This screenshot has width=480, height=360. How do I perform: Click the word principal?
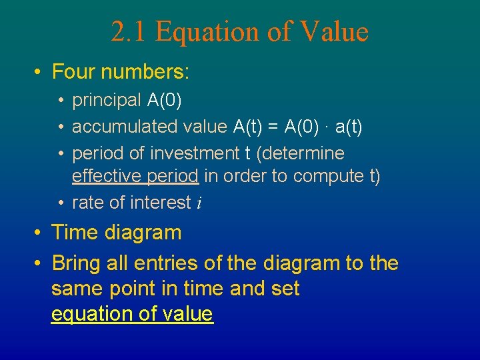coord(107,101)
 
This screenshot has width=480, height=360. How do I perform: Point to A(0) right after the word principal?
coord(165,100)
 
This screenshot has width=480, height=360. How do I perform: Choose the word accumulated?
coord(115,126)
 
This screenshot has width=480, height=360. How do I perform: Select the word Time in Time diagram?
coord(71,233)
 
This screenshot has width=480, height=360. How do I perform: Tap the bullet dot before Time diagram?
coord(39,233)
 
